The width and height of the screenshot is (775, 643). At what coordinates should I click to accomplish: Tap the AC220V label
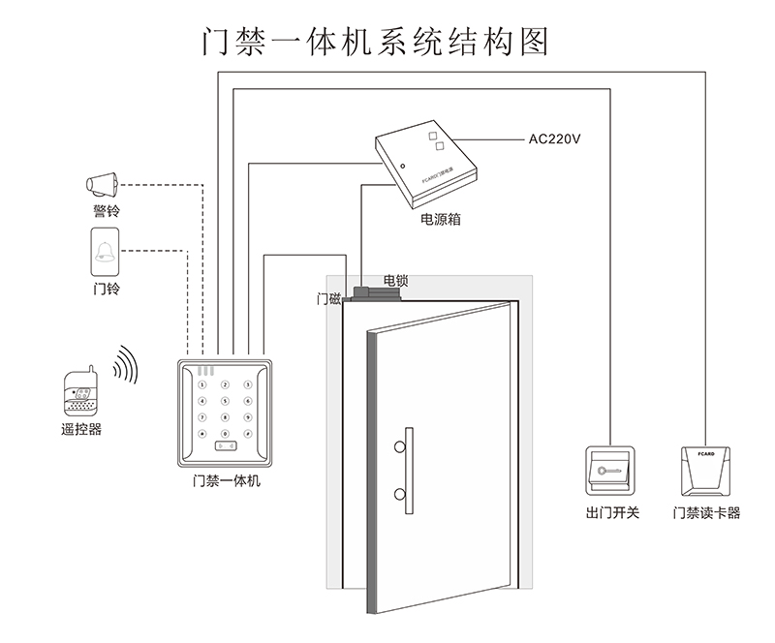(x=554, y=138)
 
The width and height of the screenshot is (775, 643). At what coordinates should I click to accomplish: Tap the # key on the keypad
(x=247, y=434)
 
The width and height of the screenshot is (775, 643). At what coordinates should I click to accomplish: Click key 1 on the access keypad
(x=202, y=385)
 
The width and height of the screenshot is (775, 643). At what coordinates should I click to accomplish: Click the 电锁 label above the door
(x=395, y=281)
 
